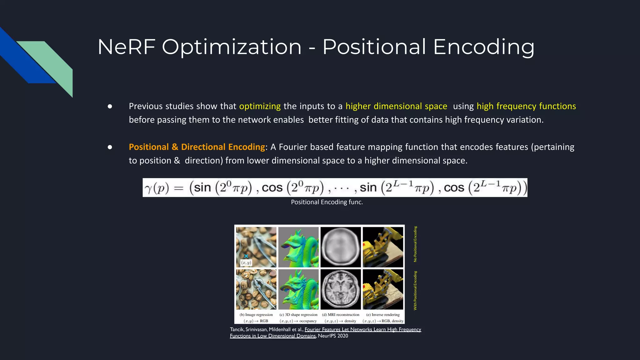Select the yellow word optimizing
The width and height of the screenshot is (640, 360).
[x=260, y=106]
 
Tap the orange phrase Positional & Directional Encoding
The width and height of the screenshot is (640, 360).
[x=197, y=147]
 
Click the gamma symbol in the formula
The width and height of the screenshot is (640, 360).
[x=148, y=188]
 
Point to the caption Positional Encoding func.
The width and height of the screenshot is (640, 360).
[x=327, y=202]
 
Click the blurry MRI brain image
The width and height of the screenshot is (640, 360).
[x=341, y=247]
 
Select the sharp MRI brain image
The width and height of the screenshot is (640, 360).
[x=341, y=289]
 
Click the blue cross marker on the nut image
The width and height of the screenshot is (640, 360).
[x=246, y=256]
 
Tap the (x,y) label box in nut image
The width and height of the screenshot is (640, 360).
[x=246, y=262]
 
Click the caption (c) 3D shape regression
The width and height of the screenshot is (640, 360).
[x=298, y=315]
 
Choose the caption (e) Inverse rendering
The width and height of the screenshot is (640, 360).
[x=383, y=315]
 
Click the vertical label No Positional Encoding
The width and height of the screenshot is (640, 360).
[x=415, y=244]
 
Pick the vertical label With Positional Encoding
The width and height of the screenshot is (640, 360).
[x=415, y=291]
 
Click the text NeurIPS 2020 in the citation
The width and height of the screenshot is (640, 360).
[x=333, y=336]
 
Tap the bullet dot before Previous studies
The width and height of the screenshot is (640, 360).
[x=110, y=107]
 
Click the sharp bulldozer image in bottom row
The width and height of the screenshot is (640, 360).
[x=383, y=289]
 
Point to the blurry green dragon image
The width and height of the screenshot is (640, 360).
[x=298, y=247]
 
